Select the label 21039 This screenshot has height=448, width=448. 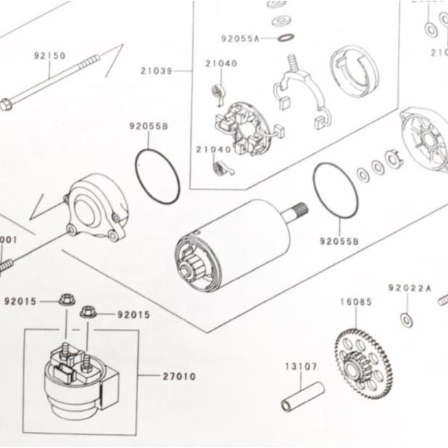click(x=158, y=70)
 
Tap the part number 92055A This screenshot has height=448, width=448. click(x=240, y=38)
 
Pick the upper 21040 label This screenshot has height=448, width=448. click(x=221, y=64)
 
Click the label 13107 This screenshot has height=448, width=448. click(x=300, y=367)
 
